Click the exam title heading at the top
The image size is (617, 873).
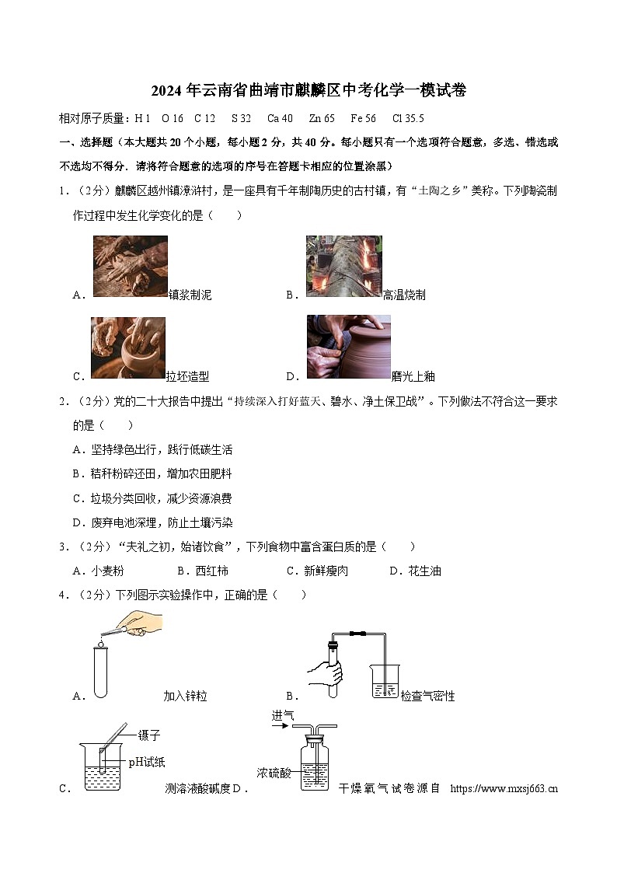pos(308,91)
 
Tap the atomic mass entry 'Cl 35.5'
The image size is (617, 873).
pos(408,119)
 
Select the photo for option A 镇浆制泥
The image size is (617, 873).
pos(130,267)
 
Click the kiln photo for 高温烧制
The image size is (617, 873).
pos(343,267)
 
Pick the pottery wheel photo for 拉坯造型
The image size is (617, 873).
pos(127,347)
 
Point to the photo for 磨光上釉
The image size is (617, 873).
pos(348,347)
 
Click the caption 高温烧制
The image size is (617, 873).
pos(404,295)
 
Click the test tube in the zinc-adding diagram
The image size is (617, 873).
pos(100,672)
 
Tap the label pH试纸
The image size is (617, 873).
pos(147,762)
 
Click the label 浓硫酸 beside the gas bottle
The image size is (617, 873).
pos(274,773)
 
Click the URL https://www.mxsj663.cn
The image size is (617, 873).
pos(504,788)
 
